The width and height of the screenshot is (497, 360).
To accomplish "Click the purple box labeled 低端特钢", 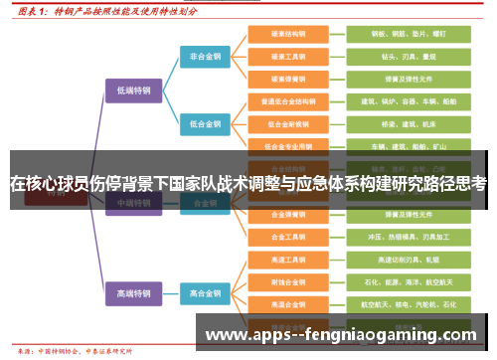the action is (134, 90).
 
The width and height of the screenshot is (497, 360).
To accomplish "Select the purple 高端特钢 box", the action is (134, 293).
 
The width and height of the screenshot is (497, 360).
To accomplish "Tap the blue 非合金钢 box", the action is (205, 57).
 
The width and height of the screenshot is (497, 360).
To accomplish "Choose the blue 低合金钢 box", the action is (205, 123).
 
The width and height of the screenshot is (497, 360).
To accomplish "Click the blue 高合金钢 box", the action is (205, 293).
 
